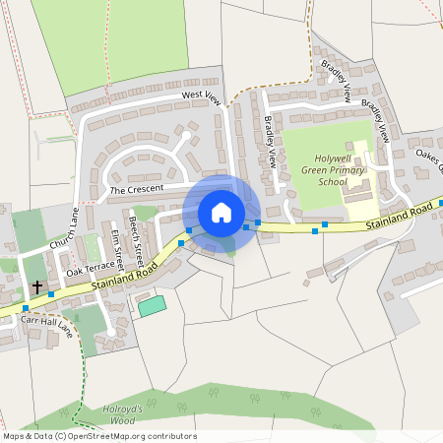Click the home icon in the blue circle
tap(221, 212)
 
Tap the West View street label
tap(201, 96)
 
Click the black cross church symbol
tap(37, 287)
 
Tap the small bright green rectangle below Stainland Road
tap(152, 306)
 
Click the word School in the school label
tap(334, 182)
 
